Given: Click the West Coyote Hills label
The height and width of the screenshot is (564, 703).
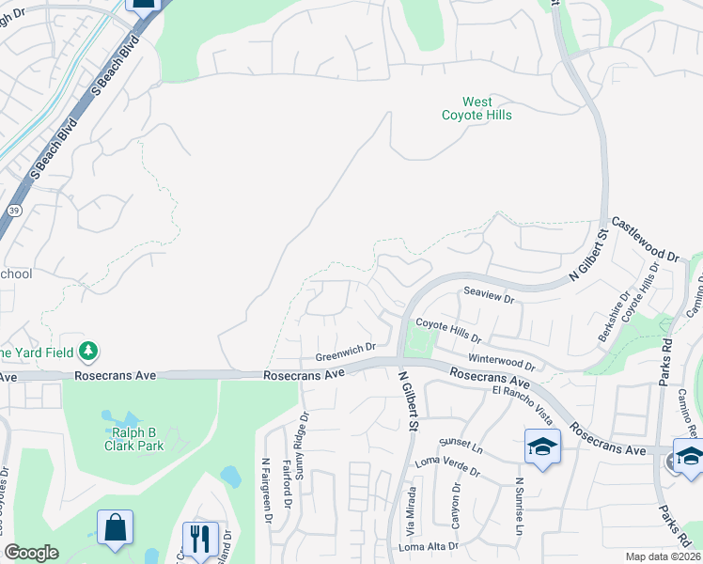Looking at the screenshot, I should [x=477, y=108].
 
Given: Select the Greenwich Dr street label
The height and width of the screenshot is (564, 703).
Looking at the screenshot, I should [x=345, y=352].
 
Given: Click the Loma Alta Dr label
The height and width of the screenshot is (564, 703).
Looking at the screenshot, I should [x=429, y=546].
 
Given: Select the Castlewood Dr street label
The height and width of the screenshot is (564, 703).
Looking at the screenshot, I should [x=645, y=240].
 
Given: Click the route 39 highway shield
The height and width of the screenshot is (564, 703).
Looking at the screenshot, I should [x=14, y=211].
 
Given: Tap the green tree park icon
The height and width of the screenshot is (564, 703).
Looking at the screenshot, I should [x=88, y=351].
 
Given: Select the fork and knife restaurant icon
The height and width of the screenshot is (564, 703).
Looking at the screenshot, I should [x=199, y=539].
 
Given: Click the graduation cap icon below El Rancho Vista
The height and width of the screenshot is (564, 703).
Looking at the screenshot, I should [x=542, y=446].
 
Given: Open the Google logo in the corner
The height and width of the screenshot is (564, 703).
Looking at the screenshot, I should [x=32, y=553].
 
